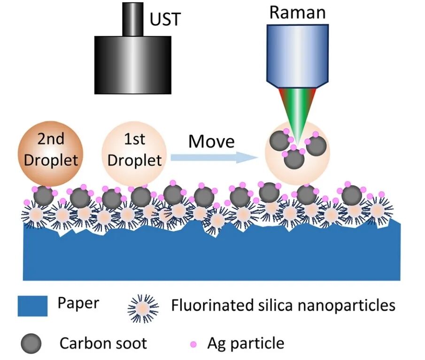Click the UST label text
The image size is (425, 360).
pos(165,20)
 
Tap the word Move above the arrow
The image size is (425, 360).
pos(211,141)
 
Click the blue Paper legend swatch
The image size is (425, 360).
pos(33,306)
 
